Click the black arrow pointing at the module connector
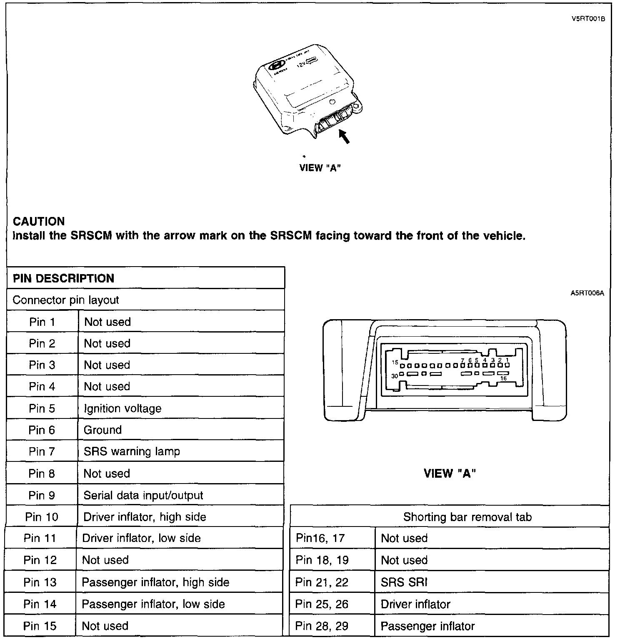click(344, 137)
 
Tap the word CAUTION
click(39, 222)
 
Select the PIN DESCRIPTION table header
click(63, 278)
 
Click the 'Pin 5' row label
click(42, 408)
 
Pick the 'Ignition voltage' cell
click(122, 408)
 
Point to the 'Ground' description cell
click(102, 430)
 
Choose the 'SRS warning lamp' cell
click(132, 451)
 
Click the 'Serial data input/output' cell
click(143, 495)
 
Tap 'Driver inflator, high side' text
click(145, 517)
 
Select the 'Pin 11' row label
click(40, 538)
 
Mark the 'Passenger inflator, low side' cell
click(153, 604)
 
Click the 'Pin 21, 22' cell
click(322, 582)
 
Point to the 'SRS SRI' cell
click(404, 582)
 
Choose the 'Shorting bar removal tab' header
click(467, 517)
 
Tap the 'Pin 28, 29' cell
click(322, 626)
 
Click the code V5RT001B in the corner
click(588, 19)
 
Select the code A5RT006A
click(587, 293)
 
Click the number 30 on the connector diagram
click(394, 375)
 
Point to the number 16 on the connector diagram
click(503, 378)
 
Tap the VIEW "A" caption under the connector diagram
click(450, 474)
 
